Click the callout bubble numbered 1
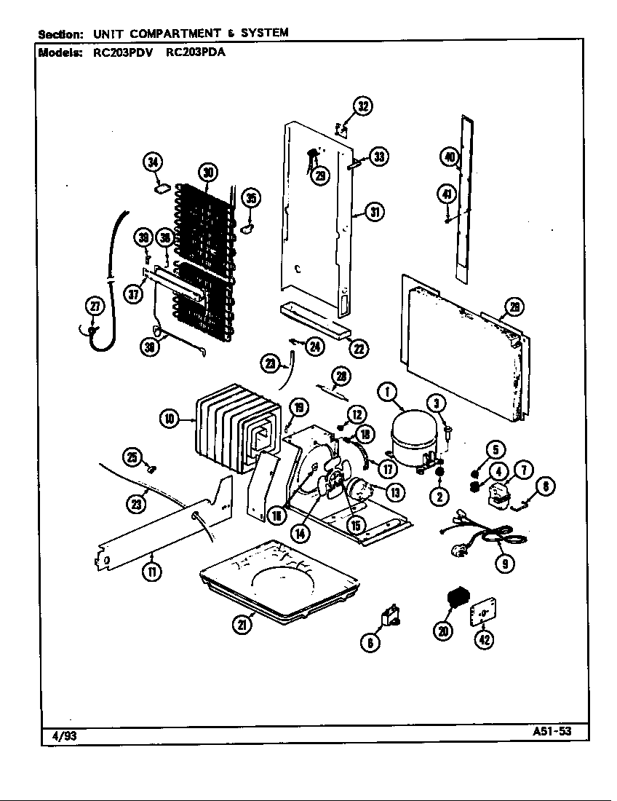(387, 393)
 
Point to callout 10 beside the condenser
(169, 418)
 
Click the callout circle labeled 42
(483, 639)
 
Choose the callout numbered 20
(443, 631)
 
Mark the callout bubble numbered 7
(522, 471)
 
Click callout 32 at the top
(362, 106)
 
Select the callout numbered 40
(448, 157)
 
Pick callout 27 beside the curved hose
(95, 307)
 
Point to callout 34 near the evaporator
(153, 163)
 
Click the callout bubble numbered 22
(358, 348)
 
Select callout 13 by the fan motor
(396, 492)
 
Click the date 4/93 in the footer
(64, 736)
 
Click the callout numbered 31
(375, 212)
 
